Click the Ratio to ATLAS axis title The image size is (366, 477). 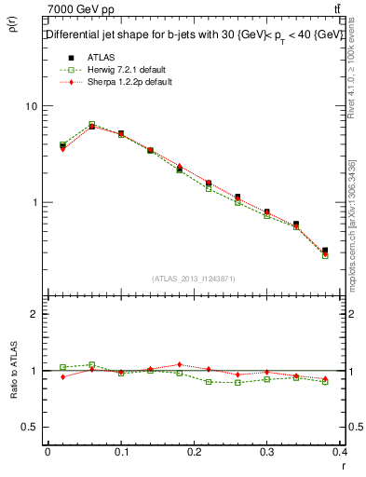15,373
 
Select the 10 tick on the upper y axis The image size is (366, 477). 32,106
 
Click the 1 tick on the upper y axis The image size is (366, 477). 34,202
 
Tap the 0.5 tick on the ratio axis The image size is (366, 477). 31,427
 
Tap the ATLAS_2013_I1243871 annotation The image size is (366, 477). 193,279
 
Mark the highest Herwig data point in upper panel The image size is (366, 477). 91,124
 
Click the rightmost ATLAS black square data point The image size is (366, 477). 324,251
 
